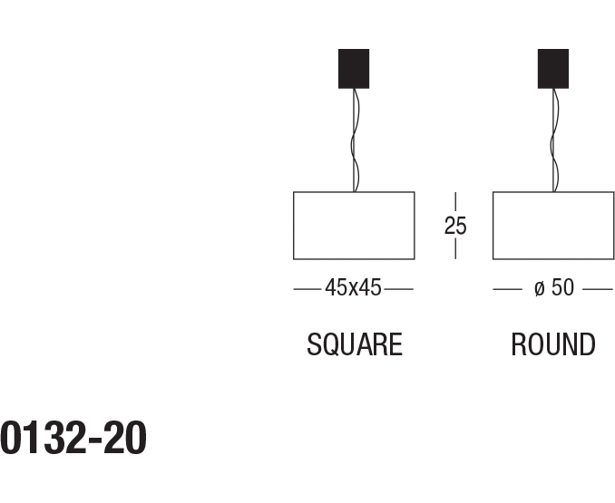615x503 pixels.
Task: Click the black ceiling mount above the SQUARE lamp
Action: click(354, 68)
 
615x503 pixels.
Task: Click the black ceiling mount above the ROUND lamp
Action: click(553, 68)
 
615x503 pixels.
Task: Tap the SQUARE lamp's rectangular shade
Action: click(354, 226)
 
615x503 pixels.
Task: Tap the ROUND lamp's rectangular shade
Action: click(553, 226)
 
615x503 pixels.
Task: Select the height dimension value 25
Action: click(455, 226)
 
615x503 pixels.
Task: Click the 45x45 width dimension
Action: click(354, 288)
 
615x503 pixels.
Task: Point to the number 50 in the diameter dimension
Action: click(562, 288)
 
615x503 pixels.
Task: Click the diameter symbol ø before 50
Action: click(539, 289)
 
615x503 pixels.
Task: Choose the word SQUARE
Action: click(354, 345)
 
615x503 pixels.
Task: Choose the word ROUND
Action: click(553, 345)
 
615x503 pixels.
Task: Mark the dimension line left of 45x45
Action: click(307, 289)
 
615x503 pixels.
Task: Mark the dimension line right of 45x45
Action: click(399, 289)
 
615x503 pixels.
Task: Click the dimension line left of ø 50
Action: click(507, 289)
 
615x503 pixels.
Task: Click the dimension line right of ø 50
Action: click(598, 289)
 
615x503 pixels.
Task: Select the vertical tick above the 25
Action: click(455, 202)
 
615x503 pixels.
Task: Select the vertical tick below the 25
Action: click(455, 249)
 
